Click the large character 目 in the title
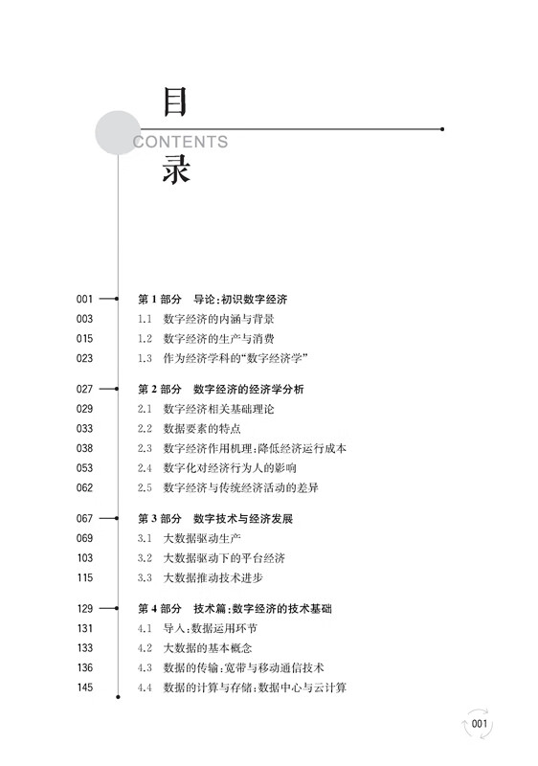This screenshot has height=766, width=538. [x=175, y=102]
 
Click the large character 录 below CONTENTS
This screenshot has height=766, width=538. [x=176, y=169]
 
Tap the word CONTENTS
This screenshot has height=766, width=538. [x=181, y=142]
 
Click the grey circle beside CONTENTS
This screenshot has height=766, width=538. [x=118, y=133]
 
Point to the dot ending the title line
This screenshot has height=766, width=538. [x=442, y=129]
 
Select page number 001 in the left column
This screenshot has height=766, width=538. [x=84, y=299]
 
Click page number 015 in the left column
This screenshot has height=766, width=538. [x=84, y=339]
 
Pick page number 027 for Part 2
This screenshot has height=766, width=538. [x=84, y=389]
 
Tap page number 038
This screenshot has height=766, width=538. [x=84, y=448]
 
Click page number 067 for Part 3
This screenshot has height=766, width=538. [x=84, y=518]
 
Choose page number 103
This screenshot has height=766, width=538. [x=85, y=558]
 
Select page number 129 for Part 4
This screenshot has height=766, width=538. [x=85, y=609]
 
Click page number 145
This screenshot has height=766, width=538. [x=85, y=687]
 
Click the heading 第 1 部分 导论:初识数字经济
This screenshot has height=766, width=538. [x=213, y=300]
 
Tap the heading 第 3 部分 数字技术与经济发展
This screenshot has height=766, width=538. [x=215, y=519]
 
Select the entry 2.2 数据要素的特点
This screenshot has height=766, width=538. [x=189, y=429]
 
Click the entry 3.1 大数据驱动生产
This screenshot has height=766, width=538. [x=189, y=538]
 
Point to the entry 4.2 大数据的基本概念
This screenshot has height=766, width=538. [x=194, y=648]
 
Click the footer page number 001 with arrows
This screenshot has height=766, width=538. [x=480, y=724]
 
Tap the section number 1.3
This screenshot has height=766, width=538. [x=145, y=358]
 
